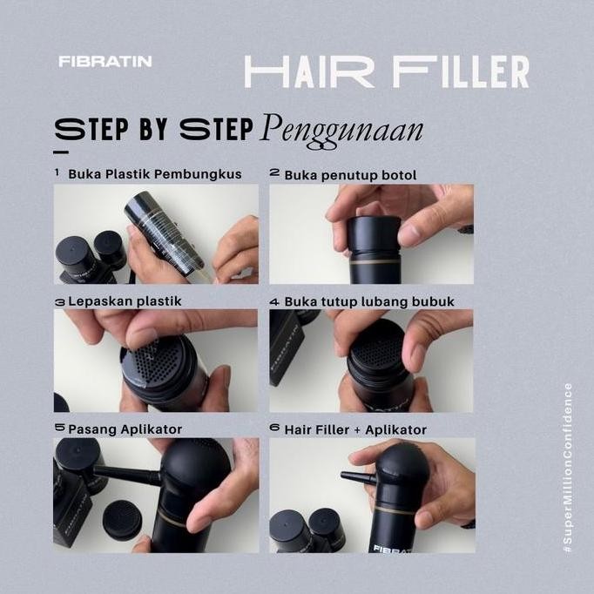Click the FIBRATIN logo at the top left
coord(105,62)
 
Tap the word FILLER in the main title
coord(461,72)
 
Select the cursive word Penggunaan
coord(341,130)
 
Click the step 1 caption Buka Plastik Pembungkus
coord(154,174)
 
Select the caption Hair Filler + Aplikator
coord(355,429)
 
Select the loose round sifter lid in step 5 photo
coord(122,519)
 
